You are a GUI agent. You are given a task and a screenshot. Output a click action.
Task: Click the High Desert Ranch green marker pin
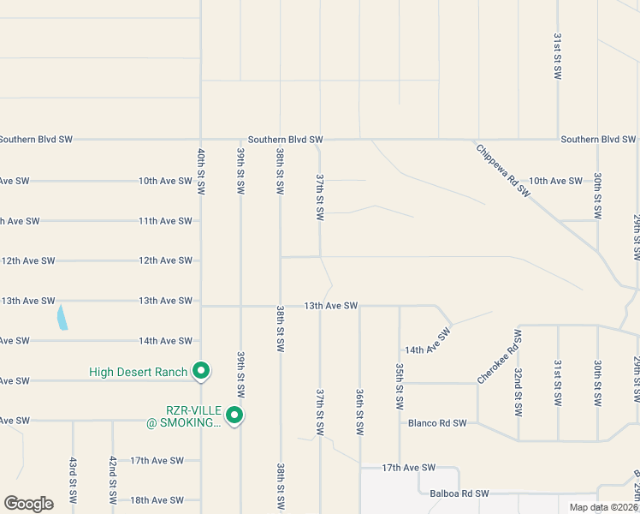coord(201,371)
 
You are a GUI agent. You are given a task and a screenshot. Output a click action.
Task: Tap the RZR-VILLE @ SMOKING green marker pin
coord(234,416)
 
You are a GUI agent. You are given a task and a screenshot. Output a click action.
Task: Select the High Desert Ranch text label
coord(138,372)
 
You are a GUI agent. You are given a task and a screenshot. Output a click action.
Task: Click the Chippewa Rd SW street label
coord(503,170)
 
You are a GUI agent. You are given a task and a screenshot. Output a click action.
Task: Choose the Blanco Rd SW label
coord(437,422)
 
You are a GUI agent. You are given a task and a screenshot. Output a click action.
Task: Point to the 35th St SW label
coord(400,385)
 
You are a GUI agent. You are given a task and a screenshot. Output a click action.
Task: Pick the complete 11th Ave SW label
coord(165,221)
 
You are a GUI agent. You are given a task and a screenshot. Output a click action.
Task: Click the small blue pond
coord(62,319)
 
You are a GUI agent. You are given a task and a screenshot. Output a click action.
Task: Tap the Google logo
coord(28,504)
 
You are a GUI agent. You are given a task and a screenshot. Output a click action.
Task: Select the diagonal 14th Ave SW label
coord(428,344)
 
